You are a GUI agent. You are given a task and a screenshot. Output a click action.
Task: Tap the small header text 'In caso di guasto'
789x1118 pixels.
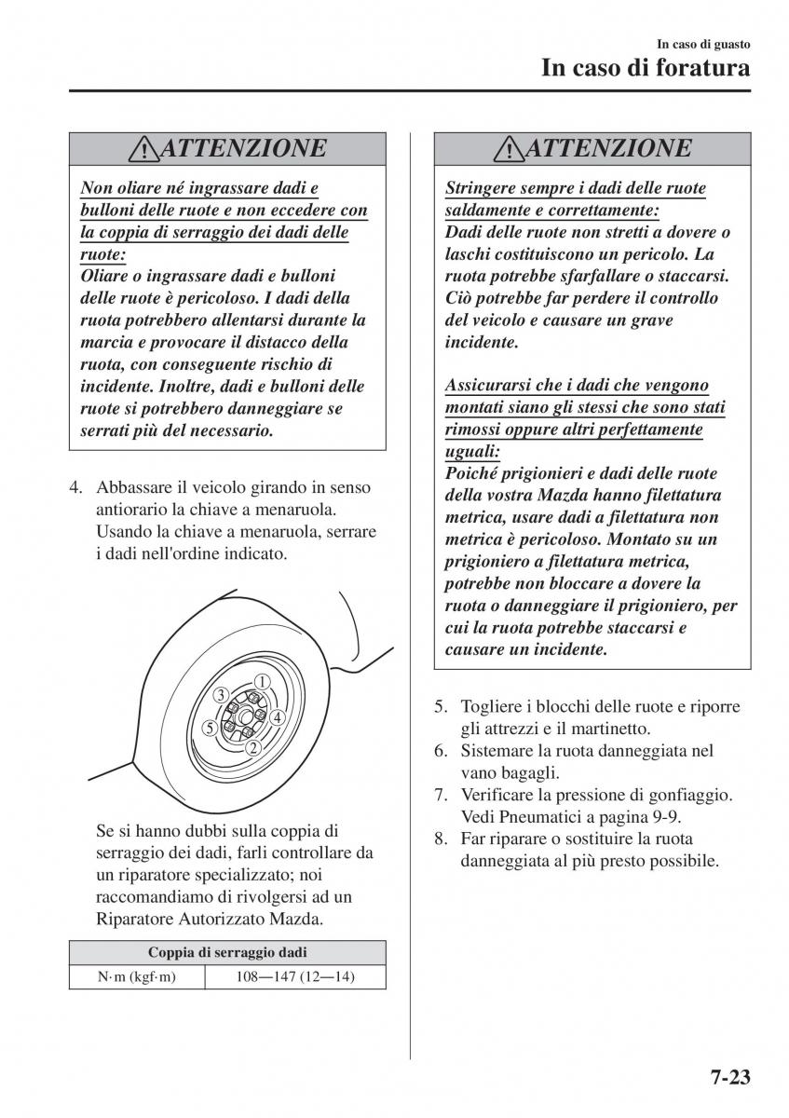click(703, 44)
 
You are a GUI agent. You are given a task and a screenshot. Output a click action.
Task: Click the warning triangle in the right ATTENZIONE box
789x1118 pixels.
click(511, 149)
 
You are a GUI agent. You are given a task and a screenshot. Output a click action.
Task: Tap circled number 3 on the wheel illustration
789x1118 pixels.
click(221, 695)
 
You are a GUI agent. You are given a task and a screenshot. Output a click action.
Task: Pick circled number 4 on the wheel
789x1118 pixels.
click(277, 717)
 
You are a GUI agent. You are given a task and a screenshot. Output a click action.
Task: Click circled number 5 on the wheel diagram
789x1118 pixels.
click(211, 728)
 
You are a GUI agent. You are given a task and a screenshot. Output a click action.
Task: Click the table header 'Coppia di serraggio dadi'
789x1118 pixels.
click(227, 952)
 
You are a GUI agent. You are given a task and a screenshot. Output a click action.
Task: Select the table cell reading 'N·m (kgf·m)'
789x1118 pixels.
click(137, 976)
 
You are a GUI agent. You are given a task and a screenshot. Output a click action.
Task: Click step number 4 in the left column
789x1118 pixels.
click(79, 487)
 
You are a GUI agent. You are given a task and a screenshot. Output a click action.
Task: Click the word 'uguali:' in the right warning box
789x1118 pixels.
click(472, 452)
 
